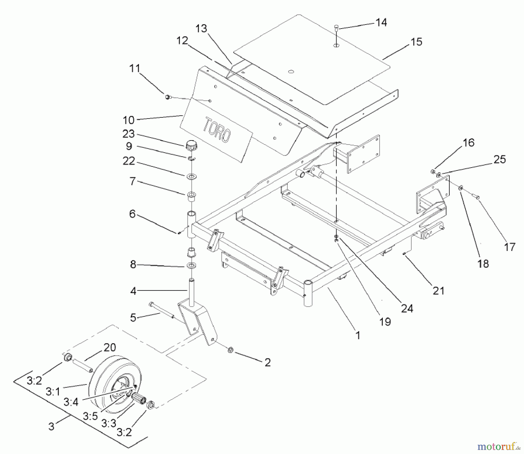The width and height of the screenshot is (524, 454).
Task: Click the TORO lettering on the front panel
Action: tap(217, 130)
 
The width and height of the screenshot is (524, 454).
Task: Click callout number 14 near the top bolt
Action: tap(381, 22)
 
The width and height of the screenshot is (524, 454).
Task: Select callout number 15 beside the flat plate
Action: tap(416, 42)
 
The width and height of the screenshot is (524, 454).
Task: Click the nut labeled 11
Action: tap(167, 97)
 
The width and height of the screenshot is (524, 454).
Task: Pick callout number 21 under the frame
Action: tap(438, 291)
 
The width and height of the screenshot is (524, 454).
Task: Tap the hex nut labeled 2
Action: tap(229, 349)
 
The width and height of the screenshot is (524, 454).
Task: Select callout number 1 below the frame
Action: tap(358, 335)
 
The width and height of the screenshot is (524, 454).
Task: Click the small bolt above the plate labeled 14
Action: tap(337, 28)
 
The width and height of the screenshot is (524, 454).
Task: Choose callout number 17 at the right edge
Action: tap(509, 247)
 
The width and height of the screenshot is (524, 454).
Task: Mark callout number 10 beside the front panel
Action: tap(128, 120)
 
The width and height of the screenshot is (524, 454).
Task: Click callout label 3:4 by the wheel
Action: tap(71, 402)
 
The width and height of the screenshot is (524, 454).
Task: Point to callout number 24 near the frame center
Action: tap(407, 308)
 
